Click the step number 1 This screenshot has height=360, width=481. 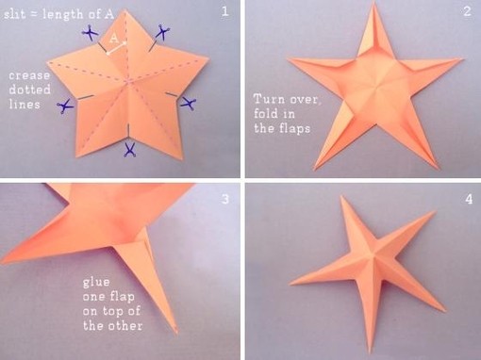[224, 11]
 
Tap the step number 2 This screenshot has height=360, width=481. [466, 11]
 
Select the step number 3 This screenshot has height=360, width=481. [224, 199]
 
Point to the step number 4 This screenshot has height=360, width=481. [467, 199]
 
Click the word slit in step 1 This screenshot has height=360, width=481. [19, 10]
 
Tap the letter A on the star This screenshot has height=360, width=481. [113, 40]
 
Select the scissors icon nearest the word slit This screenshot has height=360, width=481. [90, 35]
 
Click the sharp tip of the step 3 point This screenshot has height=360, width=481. [176, 332]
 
